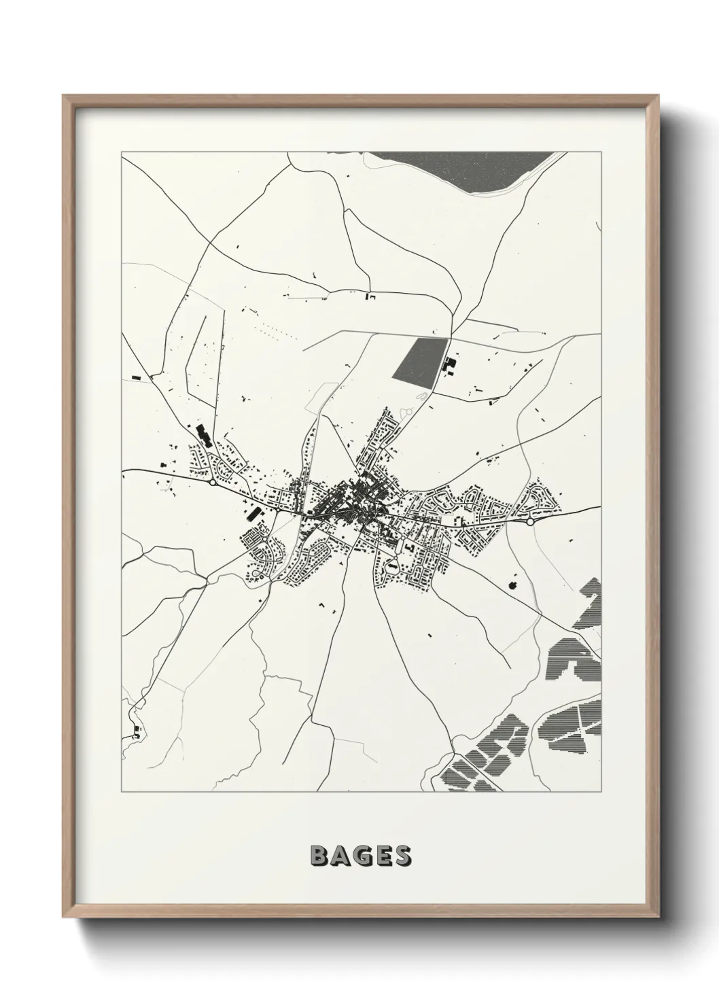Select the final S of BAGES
(402, 856)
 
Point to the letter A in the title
(340, 856)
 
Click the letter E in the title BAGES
(382, 856)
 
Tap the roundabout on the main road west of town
(213, 482)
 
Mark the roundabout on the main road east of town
(529, 522)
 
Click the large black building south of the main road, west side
(253, 513)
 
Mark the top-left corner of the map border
(122, 152)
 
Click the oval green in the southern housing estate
(392, 564)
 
